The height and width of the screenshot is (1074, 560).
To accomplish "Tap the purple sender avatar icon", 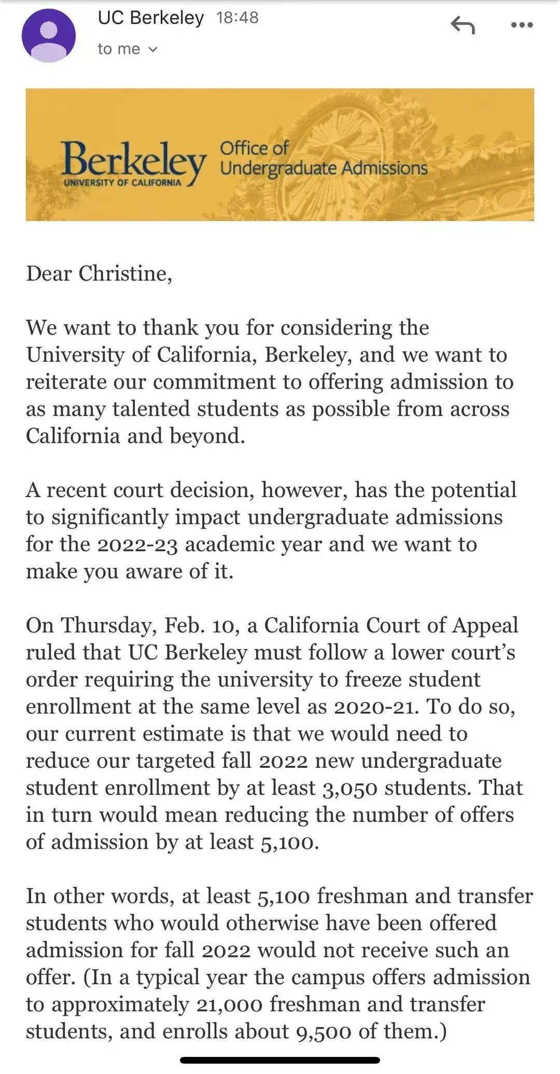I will (48, 35).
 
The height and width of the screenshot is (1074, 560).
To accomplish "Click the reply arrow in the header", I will (463, 24).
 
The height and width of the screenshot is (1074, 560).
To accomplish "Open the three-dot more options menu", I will (522, 24).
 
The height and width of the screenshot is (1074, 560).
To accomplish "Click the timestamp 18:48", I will (237, 18).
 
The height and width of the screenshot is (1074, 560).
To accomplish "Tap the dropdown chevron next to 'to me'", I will (152, 49).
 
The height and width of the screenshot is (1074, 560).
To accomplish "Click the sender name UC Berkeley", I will (150, 18).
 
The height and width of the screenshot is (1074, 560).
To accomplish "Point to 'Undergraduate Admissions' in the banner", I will (324, 168).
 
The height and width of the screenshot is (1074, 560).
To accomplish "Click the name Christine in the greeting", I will (124, 273).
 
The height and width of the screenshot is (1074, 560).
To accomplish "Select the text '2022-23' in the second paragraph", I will (137, 545).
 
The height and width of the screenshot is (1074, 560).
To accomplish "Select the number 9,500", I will (324, 1031).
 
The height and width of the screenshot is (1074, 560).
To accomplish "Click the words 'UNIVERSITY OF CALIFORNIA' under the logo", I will (122, 183).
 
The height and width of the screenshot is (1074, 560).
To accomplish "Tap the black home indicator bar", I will (280, 1060).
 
